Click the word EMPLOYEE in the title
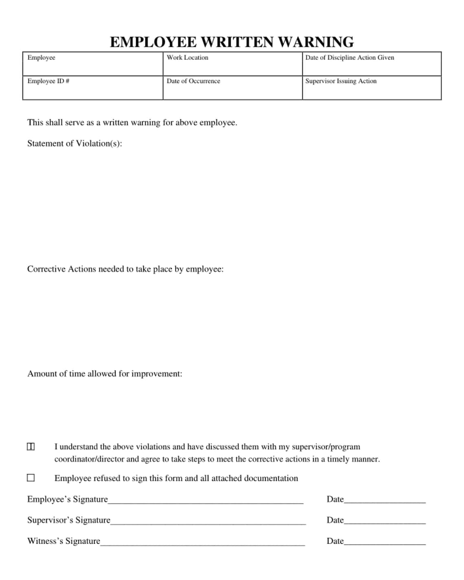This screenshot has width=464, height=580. tap(153, 42)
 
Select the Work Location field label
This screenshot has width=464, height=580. tap(187, 57)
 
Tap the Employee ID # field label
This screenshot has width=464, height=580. tap(48, 81)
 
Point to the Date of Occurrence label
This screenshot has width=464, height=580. tap(193, 81)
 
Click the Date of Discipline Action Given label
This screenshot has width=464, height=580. tap(350, 57)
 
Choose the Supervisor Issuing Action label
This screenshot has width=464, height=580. tap(341, 81)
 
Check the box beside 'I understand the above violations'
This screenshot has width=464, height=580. tap(31, 447)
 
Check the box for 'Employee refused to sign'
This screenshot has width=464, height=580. tap(31, 478)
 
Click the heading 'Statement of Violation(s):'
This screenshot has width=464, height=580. tap(74, 143)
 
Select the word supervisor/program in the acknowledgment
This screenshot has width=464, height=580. tap(326, 447)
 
